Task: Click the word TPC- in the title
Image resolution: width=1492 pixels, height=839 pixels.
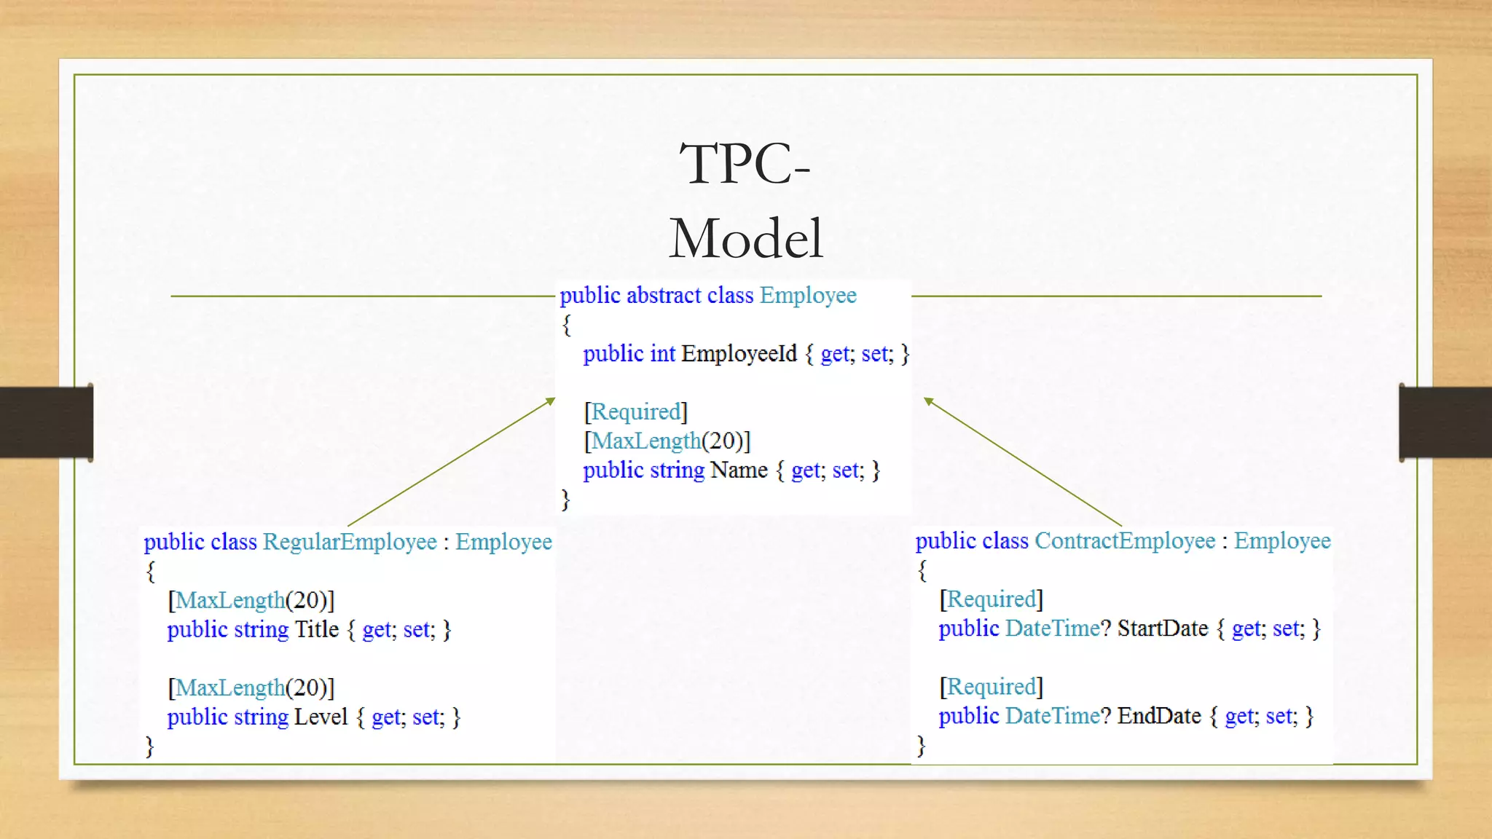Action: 745,164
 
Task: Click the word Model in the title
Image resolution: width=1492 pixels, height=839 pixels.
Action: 746,239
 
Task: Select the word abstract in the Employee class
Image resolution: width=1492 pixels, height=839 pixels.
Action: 663,296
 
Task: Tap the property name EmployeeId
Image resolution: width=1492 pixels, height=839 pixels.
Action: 739,354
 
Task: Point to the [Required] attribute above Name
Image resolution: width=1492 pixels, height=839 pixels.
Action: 636,412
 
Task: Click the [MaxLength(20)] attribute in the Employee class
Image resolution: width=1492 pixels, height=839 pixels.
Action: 667,441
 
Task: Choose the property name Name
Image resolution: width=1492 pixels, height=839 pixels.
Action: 739,470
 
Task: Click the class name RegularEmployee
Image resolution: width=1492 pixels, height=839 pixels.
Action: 350,542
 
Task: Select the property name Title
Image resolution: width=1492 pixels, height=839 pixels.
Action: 317,629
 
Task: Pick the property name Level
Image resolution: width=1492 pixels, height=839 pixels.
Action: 321,717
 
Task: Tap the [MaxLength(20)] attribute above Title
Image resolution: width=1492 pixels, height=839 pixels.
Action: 251,600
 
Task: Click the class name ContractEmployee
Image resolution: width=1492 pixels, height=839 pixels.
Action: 1125,541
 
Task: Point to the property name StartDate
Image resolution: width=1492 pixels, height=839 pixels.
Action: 1163,629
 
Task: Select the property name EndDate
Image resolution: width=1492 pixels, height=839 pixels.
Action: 1159,716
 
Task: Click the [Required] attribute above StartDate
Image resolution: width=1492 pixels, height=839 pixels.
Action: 992,599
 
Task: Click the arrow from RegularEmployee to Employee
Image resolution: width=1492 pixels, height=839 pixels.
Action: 451,462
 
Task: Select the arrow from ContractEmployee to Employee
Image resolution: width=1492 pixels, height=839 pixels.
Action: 1023,462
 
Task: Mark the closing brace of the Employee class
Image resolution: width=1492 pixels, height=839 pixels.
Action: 565,500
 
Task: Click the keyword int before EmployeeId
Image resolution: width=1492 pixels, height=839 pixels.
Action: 662,354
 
